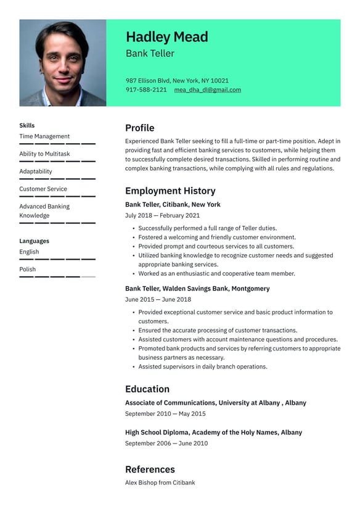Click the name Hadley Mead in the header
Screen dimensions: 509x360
166,37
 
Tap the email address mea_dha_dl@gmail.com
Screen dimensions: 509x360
207,90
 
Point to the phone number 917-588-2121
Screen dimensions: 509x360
146,90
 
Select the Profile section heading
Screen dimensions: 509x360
139,128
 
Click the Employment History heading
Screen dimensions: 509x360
170,191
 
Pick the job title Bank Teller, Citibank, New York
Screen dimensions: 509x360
173,205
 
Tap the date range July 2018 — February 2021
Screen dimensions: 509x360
162,216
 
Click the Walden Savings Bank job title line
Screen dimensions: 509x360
197,289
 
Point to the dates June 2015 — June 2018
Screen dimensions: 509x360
158,300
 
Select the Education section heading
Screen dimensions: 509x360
147,389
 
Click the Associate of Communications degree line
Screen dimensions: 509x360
215,403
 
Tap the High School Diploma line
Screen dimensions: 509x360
213,432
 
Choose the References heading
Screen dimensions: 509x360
150,470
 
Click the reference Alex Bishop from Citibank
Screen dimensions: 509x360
160,482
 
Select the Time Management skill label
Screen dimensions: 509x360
44,136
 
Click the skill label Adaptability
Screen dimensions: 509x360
36,172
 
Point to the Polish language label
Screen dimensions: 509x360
28,269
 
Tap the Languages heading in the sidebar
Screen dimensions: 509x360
34,241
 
